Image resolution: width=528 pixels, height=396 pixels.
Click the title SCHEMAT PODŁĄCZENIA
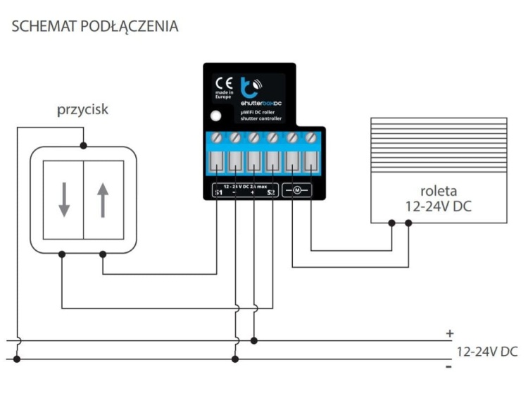tap(95, 27)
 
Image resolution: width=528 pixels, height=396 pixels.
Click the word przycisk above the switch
tap(83, 111)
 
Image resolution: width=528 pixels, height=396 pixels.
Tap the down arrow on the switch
tap(64, 199)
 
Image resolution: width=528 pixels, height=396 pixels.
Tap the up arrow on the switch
tap(103, 199)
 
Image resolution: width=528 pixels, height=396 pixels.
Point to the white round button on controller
tap(218, 117)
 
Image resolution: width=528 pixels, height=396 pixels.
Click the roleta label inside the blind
tap(439, 190)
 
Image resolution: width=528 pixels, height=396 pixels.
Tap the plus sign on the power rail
tap(449, 333)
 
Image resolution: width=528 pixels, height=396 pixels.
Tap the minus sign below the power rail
tap(448, 367)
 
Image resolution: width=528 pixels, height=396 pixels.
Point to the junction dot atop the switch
tap(83, 146)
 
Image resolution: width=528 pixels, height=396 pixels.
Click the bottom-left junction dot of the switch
tap(63, 254)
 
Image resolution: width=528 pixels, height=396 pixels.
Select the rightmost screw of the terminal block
tap(310, 136)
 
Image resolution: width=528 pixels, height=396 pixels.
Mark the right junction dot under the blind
tap(409, 223)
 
